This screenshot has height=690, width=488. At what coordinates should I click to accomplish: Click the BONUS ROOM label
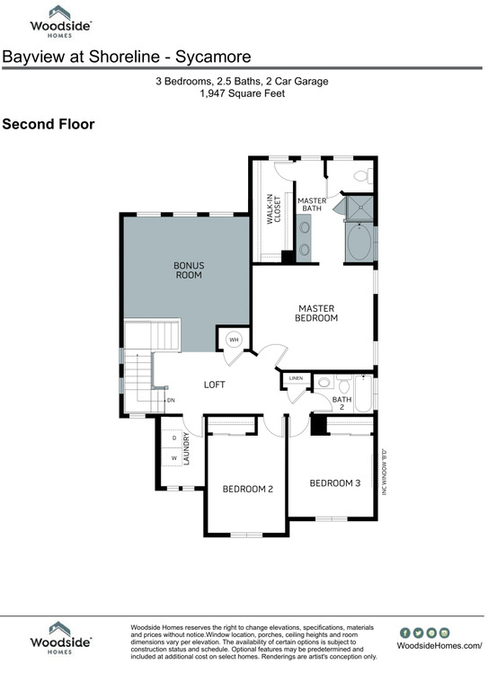(188, 270)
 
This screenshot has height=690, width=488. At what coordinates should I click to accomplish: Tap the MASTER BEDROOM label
(316, 313)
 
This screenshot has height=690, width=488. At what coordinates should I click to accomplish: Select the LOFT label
(214, 385)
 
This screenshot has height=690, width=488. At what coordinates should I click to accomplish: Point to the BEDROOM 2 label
(247, 489)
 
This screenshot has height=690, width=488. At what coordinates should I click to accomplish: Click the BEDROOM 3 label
(334, 483)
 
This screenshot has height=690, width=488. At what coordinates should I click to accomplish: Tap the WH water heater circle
(234, 340)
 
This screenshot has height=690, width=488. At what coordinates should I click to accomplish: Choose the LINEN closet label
(296, 380)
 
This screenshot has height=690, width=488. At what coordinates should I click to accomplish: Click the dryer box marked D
(173, 438)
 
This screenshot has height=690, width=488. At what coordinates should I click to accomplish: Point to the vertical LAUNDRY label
(188, 449)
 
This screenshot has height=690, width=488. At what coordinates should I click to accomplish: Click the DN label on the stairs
(170, 400)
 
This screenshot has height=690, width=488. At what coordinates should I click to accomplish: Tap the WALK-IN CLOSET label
(273, 208)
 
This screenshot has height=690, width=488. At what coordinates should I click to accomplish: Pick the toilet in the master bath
(361, 175)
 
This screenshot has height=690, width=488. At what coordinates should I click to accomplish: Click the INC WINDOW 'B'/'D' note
(384, 472)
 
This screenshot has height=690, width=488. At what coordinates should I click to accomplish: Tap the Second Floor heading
(48, 124)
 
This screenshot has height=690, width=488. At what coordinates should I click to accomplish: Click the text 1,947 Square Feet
(244, 93)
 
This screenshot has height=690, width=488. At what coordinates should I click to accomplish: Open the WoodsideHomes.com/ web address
(439, 646)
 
